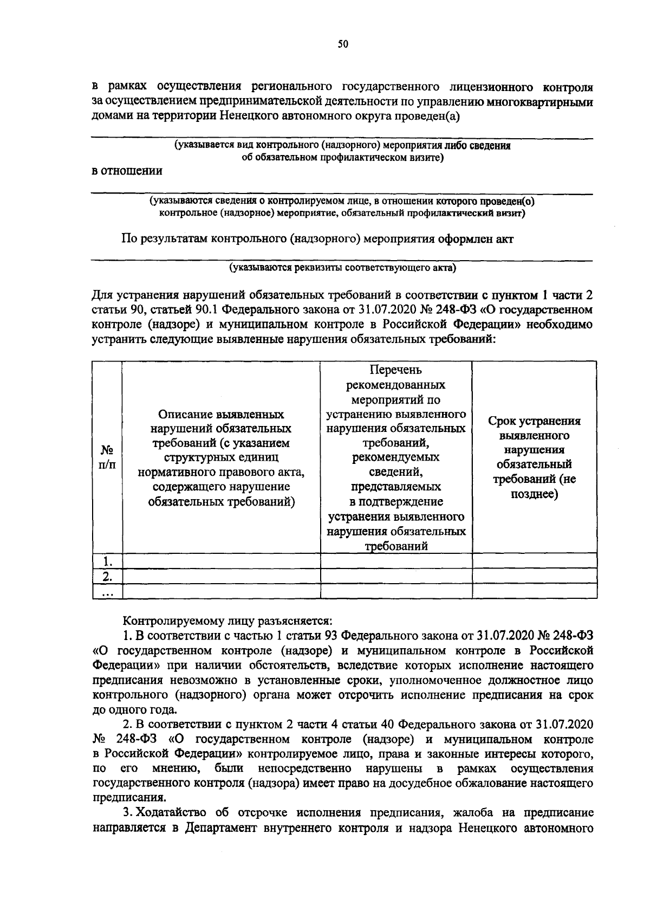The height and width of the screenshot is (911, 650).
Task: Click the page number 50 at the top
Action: [342, 45]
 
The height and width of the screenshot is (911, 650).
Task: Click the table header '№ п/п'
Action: [107, 457]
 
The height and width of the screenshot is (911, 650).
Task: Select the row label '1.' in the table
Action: [107, 560]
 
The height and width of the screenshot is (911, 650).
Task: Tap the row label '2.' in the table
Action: [107, 576]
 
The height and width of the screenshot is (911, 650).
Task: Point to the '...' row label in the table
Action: [107, 591]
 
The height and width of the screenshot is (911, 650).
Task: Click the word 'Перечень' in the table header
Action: [395, 370]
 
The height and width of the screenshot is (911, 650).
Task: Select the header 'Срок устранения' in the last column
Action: [534, 421]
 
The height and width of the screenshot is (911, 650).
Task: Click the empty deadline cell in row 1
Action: [534, 560]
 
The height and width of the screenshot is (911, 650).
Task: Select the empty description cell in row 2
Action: [221, 576]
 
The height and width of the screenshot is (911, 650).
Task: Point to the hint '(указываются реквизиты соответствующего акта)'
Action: [342, 268]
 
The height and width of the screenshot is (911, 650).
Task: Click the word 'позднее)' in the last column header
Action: [534, 494]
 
